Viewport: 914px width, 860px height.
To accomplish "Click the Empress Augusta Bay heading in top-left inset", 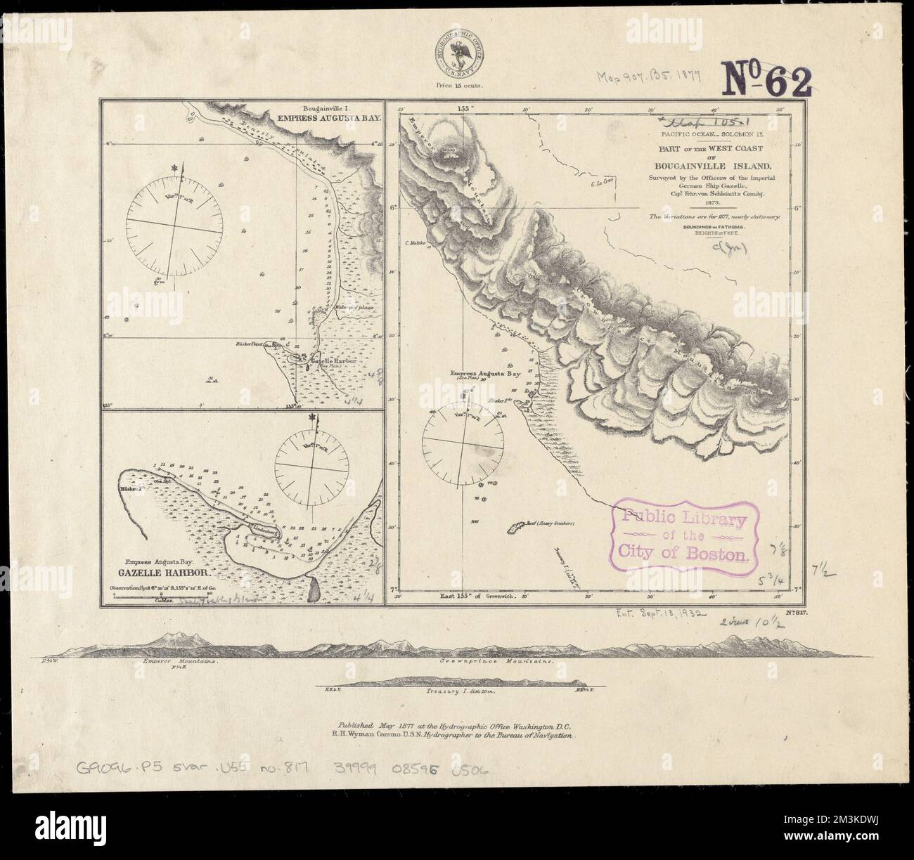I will coord(334,119).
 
